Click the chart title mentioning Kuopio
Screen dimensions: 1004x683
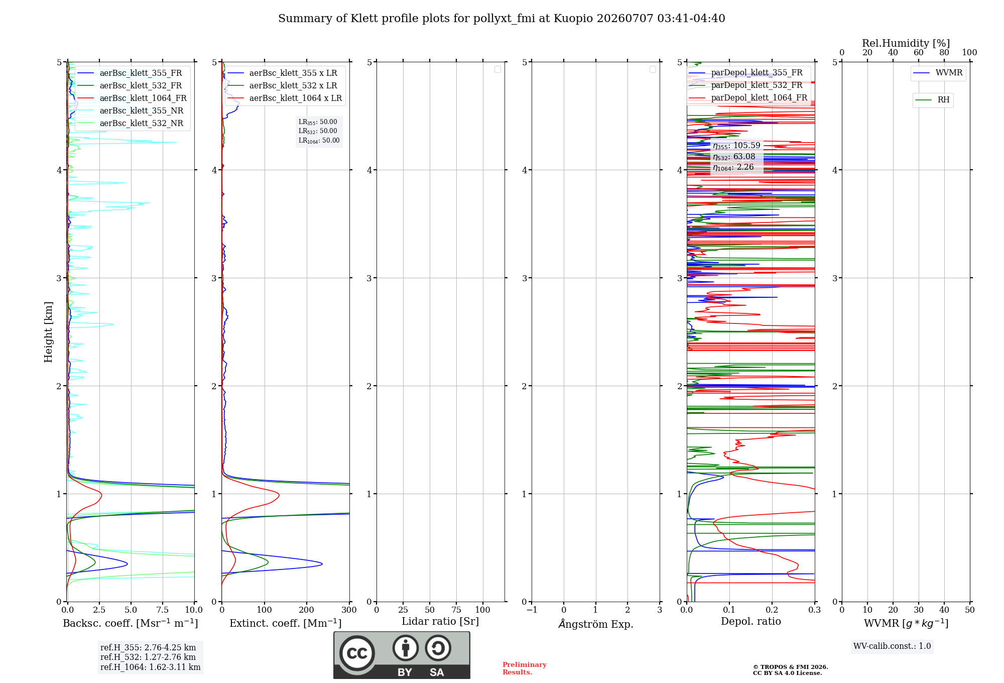click(x=501, y=19)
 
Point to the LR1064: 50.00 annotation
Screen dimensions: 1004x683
click(x=319, y=141)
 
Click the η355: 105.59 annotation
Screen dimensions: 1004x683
click(x=736, y=146)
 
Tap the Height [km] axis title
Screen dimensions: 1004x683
click(x=48, y=332)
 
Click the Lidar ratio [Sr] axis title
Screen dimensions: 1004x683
click(x=440, y=621)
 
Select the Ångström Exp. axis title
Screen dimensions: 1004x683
click(x=596, y=623)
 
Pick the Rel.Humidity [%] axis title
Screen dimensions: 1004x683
click(x=906, y=43)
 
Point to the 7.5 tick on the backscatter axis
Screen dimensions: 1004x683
click(x=162, y=610)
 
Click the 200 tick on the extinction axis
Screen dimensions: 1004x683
click(x=307, y=610)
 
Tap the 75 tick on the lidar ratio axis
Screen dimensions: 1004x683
click(x=456, y=610)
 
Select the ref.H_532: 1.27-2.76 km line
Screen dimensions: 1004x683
click(x=148, y=657)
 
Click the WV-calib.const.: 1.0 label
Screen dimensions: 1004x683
click(x=892, y=646)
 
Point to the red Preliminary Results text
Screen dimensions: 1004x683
click(x=524, y=668)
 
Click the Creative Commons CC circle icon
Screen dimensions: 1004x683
click(x=357, y=653)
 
